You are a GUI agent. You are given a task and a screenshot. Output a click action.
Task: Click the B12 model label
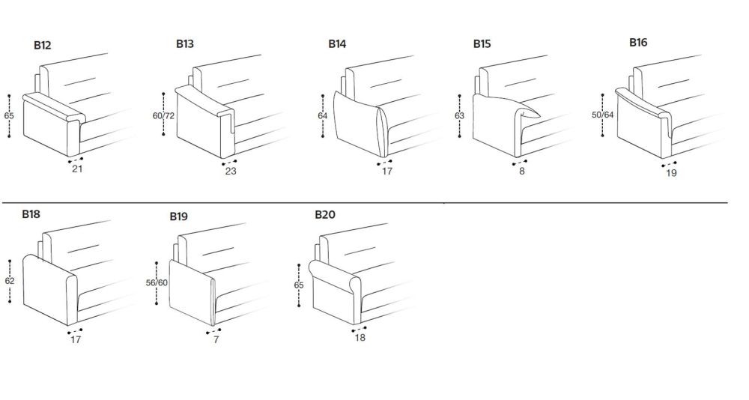pos(42,46)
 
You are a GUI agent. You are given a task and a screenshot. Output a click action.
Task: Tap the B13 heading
pos(185,44)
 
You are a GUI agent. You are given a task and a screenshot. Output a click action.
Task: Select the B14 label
pos(337,44)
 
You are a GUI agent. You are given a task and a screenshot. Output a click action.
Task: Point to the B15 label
pos(482,44)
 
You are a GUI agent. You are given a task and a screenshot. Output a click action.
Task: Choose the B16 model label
pos(638,43)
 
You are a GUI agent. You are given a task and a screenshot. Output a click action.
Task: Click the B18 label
pos(31,214)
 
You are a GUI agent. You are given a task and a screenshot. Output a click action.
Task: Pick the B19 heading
pos(179,216)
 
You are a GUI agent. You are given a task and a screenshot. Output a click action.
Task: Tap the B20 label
pos(325,214)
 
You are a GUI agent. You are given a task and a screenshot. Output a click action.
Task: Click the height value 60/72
pos(164,115)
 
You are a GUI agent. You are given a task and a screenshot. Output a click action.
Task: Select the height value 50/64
pos(603,115)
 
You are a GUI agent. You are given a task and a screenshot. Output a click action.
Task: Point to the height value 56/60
pos(157,283)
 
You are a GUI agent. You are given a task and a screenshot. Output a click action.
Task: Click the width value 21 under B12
pos(77,169)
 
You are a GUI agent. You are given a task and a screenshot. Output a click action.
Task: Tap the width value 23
pos(231,171)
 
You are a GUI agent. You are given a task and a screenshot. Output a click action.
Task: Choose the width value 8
pos(521,171)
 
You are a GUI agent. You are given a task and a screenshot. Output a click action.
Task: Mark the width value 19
pos(671,173)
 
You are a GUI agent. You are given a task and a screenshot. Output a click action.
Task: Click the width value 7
pos(216,340)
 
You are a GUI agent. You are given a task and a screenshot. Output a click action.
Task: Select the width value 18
pos(360,337)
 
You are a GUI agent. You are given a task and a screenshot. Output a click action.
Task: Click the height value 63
pos(459,115)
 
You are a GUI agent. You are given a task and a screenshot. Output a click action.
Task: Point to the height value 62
pos(10,281)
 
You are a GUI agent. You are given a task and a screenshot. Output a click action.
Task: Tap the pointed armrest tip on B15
pos(540,116)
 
